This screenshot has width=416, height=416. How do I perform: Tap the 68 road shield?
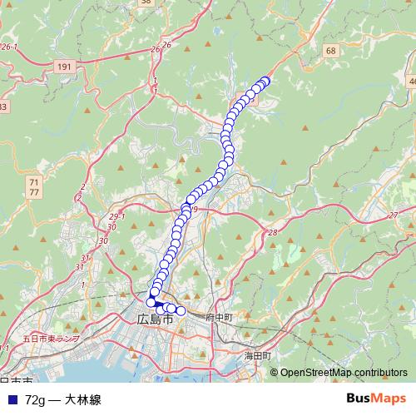click(332, 52)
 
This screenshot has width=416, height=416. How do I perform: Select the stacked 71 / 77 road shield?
click(33, 186)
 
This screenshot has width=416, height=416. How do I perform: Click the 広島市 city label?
click(155, 319)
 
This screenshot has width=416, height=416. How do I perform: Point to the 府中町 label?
click(220, 318)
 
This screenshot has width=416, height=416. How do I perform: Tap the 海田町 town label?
click(258, 354)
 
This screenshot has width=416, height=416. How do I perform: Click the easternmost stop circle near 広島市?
click(180, 311)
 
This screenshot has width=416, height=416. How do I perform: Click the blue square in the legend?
click(11, 399)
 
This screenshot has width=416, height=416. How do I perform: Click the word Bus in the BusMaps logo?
click(359, 399)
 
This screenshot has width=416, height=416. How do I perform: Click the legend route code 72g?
click(36, 399)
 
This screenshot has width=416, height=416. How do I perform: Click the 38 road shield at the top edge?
click(146, 2)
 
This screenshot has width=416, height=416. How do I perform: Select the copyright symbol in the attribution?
click(274, 372)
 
